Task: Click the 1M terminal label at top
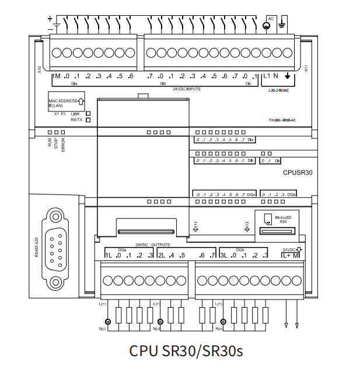[56, 76]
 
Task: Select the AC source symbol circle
[268, 25]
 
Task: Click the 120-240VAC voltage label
[280, 91]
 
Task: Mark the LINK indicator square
[88, 114]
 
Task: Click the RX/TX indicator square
[88, 120]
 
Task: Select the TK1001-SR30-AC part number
[282, 120]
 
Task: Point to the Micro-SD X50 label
[282, 219]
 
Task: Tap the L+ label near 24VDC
[286, 256]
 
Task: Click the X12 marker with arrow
[196, 225]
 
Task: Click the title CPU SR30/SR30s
[186, 351]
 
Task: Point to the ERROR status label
[63, 146]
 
